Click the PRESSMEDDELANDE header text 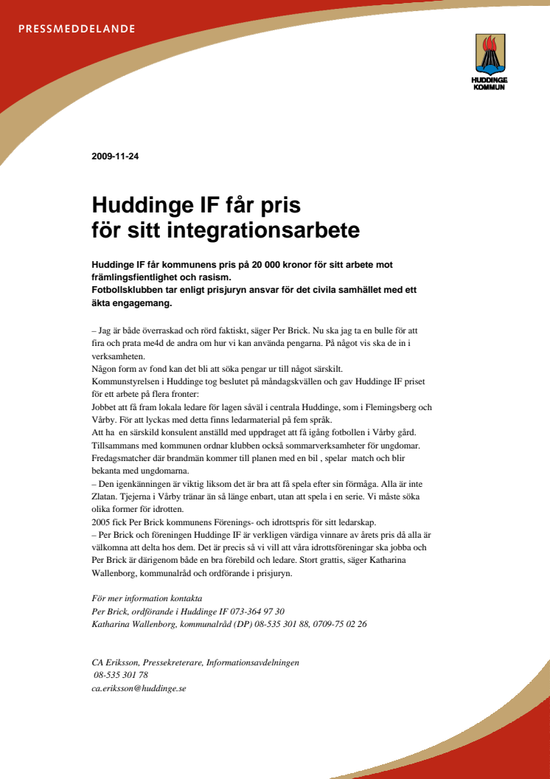point(76,30)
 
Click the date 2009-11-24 point(115,156)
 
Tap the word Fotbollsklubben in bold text point(126,291)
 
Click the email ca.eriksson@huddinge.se point(139,688)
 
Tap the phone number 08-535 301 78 point(121,675)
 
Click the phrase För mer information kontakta point(147,598)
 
